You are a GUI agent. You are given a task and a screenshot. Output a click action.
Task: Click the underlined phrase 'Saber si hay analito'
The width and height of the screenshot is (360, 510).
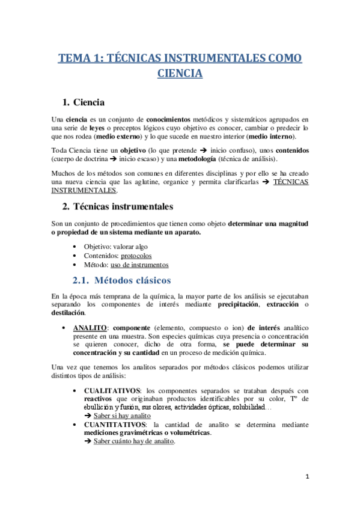click(x=122, y=416)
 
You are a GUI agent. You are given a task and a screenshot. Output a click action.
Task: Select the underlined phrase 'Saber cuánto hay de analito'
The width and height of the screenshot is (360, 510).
click(x=134, y=441)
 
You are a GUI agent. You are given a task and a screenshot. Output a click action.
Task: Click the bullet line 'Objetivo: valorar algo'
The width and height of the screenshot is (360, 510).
click(x=115, y=247)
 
